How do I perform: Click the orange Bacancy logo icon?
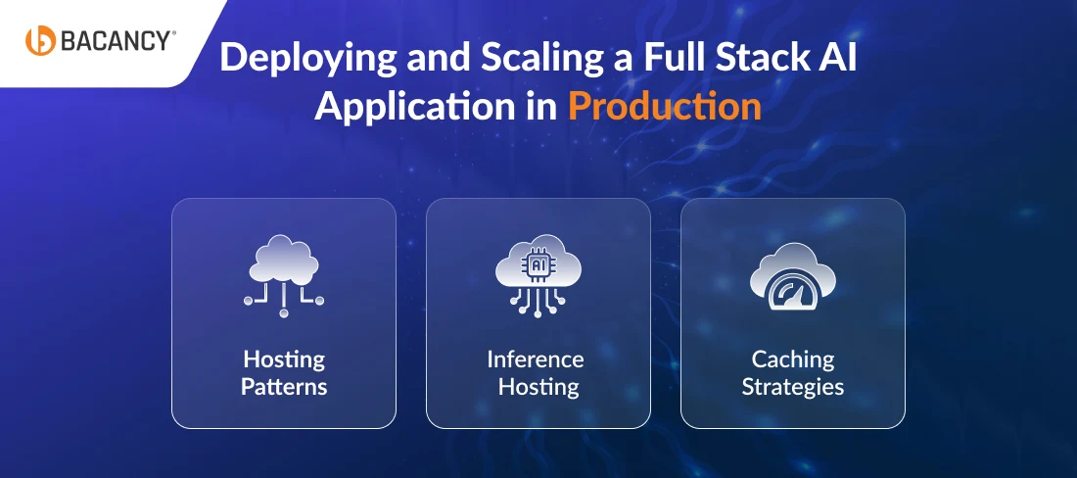click(x=40, y=40)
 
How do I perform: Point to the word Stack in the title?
click(x=758, y=58)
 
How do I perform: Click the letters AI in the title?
click(x=837, y=59)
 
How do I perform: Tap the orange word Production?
click(x=665, y=108)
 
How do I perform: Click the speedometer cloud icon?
click(x=793, y=276)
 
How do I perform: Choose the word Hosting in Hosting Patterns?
click(x=284, y=359)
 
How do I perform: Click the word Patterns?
click(x=284, y=387)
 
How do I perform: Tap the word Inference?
click(x=535, y=359)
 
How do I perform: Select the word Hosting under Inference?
click(x=538, y=387)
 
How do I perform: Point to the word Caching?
click(x=793, y=359)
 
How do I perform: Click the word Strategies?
click(x=793, y=387)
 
